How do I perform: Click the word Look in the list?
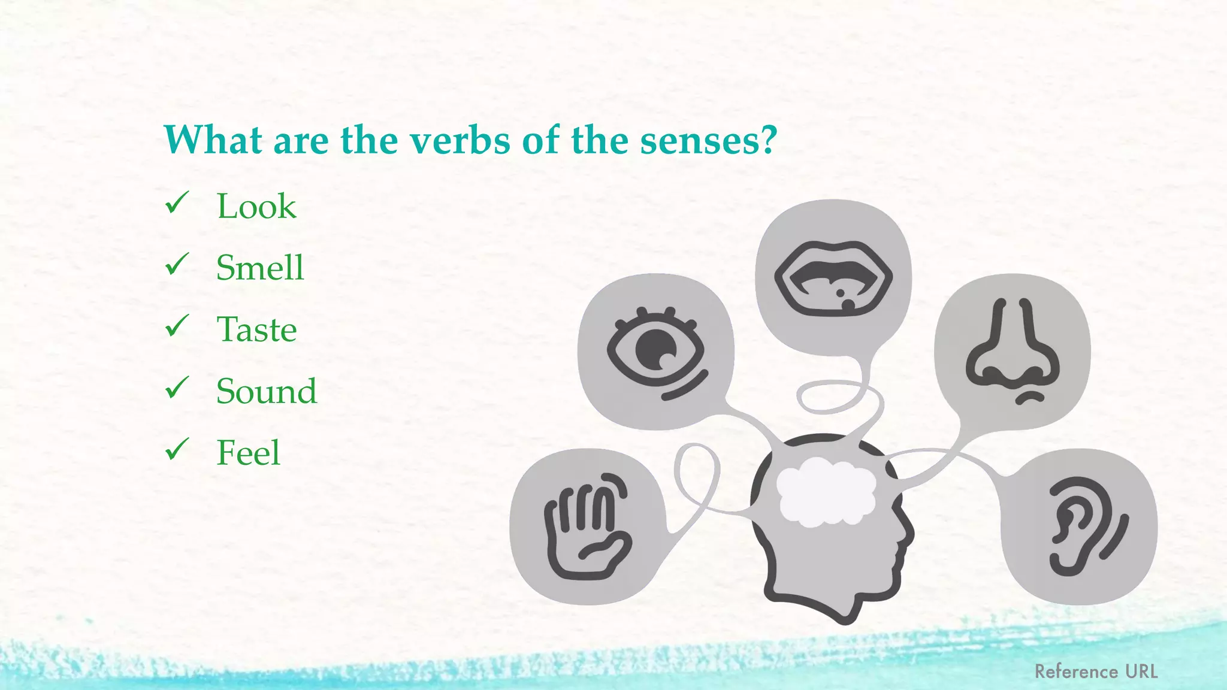(x=256, y=207)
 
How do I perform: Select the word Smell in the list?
(x=260, y=268)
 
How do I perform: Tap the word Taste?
(x=256, y=329)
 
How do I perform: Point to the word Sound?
(x=267, y=391)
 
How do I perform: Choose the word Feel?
(x=248, y=453)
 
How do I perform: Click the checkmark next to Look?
(x=177, y=203)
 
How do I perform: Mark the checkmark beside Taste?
(x=177, y=326)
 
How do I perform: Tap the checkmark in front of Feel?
(x=177, y=449)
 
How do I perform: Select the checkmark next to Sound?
(x=177, y=388)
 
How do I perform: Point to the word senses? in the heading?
(x=708, y=141)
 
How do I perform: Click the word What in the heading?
(x=213, y=141)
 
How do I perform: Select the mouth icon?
(x=833, y=278)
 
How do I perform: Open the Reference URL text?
(x=1096, y=671)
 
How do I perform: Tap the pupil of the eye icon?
(x=655, y=350)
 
